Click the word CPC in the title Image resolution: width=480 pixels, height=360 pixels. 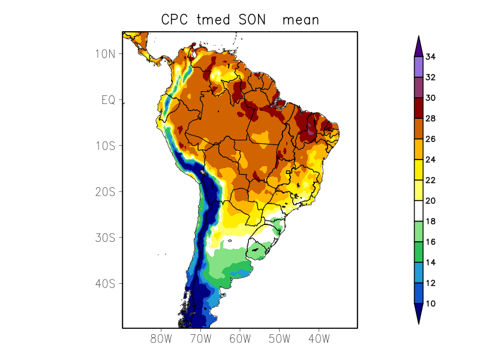click(175, 20)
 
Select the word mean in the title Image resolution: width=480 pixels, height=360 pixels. click(301, 20)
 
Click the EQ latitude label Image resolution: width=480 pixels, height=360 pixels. click(108, 100)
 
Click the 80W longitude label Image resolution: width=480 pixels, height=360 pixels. click(161, 338)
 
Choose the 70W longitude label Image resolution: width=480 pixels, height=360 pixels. click(200, 338)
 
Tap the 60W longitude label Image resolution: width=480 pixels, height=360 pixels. click(240, 338)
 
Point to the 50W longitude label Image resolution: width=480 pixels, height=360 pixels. click(279, 338)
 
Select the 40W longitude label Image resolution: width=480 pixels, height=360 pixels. click(319, 338)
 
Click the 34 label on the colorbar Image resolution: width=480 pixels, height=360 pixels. click(430, 57)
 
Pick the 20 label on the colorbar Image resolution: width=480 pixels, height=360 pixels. click(430, 201)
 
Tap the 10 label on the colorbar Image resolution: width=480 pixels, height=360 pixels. click(430, 304)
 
